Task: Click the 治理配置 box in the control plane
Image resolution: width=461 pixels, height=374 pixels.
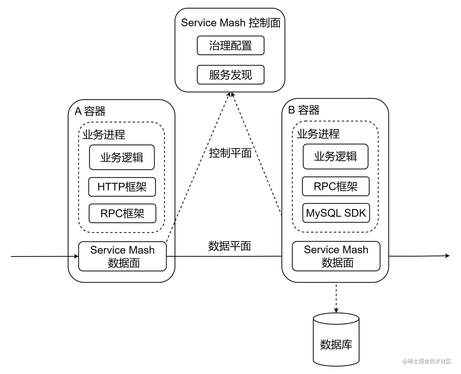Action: [x=230, y=46]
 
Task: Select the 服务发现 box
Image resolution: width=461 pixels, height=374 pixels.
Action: [x=230, y=75]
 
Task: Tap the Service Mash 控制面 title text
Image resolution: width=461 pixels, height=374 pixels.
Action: [x=230, y=23]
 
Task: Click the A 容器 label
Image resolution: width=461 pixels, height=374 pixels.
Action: [x=90, y=111]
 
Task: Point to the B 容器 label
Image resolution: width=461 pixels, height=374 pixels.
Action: [x=304, y=110]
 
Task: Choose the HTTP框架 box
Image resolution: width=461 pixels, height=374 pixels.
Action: [x=122, y=187]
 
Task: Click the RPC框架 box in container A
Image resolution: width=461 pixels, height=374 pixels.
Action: [x=122, y=214]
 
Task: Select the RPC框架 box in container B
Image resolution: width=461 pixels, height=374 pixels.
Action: [x=336, y=187]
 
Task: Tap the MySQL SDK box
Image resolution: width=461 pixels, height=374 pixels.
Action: [x=336, y=213]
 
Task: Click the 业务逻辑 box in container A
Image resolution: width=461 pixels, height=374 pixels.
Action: [x=122, y=158]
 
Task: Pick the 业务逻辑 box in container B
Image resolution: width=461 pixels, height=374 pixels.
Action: [x=335, y=157]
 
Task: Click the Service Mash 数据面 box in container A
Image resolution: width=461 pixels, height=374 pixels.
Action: [x=123, y=257]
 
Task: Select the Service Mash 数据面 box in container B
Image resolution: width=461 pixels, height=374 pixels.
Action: [x=336, y=256]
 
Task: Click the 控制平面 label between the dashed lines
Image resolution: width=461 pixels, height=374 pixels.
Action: [x=230, y=153]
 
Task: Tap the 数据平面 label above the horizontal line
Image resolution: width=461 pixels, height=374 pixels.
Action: [x=230, y=246]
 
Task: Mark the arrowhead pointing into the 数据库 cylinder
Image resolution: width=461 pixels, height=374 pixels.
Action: [x=336, y=310]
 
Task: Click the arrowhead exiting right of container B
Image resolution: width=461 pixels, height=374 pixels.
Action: [x=447, y=256]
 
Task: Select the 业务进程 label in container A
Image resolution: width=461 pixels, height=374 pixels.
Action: [x=104, y=135]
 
